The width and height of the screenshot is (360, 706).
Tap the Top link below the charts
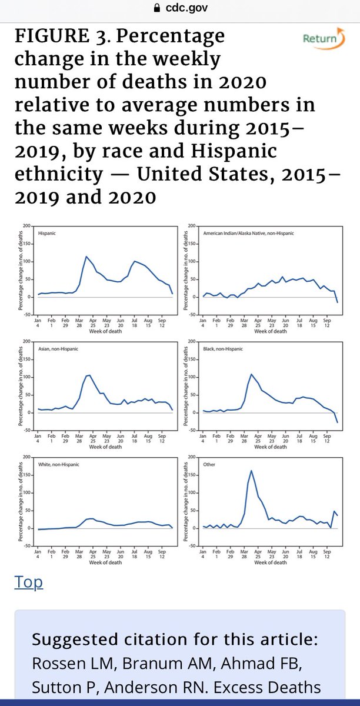pyautogui.click(x=29, y=582)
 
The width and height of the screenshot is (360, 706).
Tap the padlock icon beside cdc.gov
pyautogui.click(x=156, y=8)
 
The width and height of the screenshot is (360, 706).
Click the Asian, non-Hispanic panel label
pyautogui.click(x=55, y=349)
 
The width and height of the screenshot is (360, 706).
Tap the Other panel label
pyautogui.click(x=209, y=464)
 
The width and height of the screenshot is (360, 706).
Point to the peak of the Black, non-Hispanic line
pyautogui.click(x=252, y=374)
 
